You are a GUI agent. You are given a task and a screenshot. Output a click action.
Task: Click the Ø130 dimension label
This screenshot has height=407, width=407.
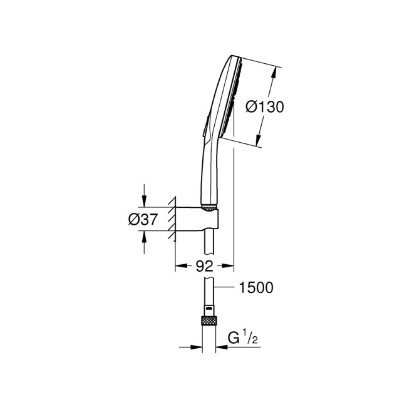265,107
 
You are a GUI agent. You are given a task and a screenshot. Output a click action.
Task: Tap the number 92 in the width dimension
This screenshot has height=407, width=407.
204,265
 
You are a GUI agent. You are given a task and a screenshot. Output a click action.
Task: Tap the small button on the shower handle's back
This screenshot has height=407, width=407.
203,129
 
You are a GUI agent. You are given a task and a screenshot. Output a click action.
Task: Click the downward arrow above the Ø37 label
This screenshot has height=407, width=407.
144,201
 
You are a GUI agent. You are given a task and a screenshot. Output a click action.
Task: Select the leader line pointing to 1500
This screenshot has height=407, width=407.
224,287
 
